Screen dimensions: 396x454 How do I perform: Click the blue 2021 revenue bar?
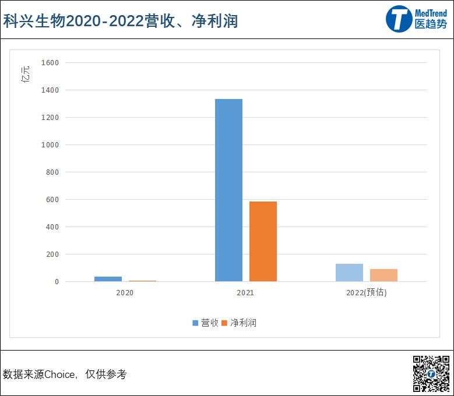coord(228,190)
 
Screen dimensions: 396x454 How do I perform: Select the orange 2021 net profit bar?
coord(263,242)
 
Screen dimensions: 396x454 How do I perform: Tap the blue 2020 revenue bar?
coord(108,279)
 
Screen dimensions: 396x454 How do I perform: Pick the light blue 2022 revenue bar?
coord(349,273)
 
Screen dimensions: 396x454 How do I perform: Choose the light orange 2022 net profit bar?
coord(383,275)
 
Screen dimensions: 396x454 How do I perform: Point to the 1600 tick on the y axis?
coord(50,62)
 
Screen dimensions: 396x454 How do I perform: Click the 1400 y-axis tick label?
coord(50,90)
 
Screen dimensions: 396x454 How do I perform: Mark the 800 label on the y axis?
coord(52,172)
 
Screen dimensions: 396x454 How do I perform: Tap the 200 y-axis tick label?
coord(52,254)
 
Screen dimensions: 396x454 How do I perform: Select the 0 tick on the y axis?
coord(57,282)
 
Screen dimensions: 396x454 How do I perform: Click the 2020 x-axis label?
coord(125,293)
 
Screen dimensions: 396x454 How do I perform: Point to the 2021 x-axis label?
coord(245,293)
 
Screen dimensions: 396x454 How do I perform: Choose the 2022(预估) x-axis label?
coord(366,293)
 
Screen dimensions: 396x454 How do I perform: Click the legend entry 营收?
coord(206,323)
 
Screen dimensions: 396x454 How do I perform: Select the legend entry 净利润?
coord(240,323)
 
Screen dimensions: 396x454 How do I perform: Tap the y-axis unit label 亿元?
coord(25,74)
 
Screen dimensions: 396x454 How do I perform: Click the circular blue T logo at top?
coord(399,20)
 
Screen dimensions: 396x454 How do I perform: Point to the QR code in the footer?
coord(431,373)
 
